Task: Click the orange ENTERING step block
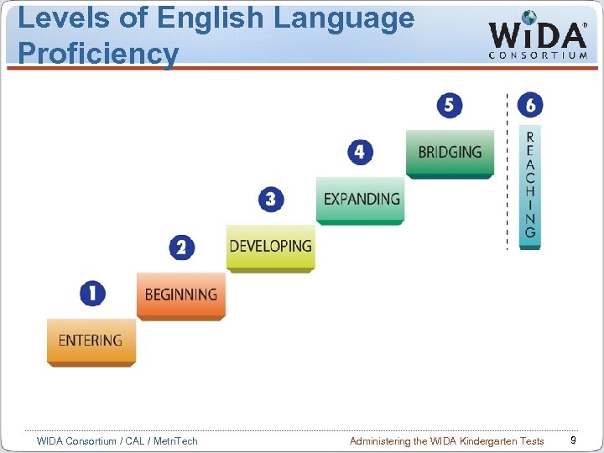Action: (91, 341)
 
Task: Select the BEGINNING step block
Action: (180, 294)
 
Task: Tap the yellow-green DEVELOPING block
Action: (270, 247)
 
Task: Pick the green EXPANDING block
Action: (361, 200)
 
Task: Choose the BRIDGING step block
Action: (450, 153)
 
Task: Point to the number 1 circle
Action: (92, 294)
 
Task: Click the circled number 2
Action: (181, 247)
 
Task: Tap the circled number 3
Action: (271, 200)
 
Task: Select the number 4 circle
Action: (360, 153)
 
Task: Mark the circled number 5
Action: (450, 105)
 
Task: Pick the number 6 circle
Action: (530, 105)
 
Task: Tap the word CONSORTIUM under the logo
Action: (538, 55)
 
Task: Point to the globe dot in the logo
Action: (528, 16)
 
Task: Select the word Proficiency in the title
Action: (97, 54)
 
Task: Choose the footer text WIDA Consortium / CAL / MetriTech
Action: (117, 440)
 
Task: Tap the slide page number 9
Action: (572, 440)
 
